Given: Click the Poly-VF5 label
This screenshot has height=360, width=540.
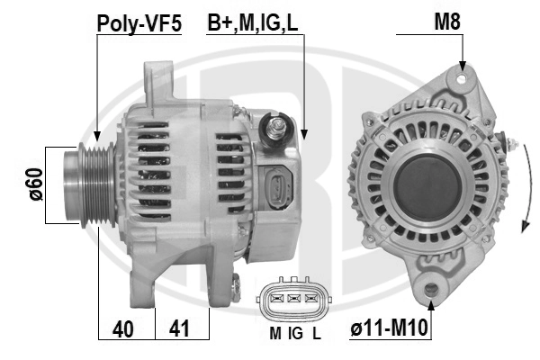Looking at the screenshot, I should point(139,23).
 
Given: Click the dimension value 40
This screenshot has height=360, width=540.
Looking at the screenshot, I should point(127,328).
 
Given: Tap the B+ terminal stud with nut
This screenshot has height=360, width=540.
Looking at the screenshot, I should point(276,128).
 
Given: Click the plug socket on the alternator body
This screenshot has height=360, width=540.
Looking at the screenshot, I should point(277,188).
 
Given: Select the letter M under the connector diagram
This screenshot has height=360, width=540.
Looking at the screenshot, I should point(274,331).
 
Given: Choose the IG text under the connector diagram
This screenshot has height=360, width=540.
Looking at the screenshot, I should point(294,331).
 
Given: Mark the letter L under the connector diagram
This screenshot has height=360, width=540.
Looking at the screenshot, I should point(316,331).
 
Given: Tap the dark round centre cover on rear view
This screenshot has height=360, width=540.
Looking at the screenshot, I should point(428,180).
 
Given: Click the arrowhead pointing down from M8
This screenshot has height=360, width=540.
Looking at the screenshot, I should point(462,66).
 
